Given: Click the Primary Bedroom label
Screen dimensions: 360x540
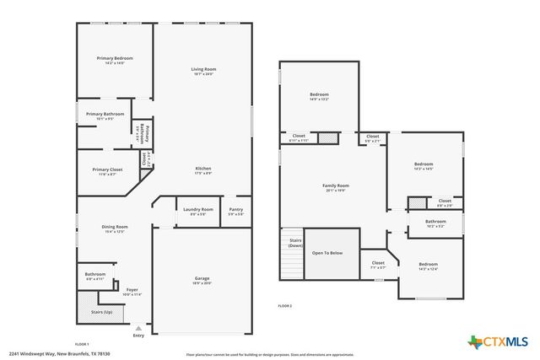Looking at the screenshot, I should [113, 58].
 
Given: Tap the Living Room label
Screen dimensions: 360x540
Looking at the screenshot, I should [202, 69].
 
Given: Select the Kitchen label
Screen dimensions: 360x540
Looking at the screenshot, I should [202, 169].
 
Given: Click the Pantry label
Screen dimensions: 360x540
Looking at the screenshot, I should [235, 209].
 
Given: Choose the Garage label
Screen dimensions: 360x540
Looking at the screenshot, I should [202, 278].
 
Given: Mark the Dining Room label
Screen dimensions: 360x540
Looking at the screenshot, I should [115, 227].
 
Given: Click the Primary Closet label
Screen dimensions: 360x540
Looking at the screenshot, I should [107, 169].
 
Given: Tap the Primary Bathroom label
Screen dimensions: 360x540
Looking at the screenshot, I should [105, 114].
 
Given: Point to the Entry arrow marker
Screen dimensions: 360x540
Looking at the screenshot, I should [138, 329].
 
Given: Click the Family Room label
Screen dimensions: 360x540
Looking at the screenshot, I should [335, 185].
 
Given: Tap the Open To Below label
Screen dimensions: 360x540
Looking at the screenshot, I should [327, 253].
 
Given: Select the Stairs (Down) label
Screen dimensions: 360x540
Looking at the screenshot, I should [294, 243].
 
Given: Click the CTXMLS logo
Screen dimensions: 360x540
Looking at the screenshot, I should [498, 341].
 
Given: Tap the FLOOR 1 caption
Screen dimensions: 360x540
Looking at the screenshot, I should [82, 344].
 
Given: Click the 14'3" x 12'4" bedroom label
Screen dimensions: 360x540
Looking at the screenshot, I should [429, 266].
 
